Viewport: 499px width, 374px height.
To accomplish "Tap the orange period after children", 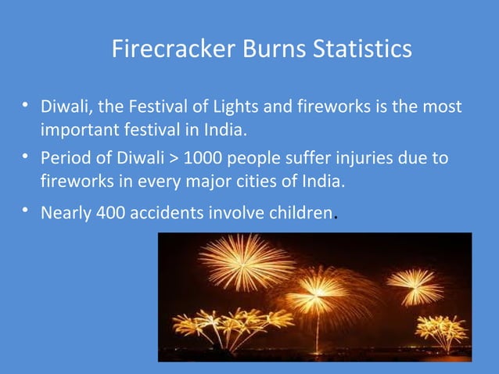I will pyautogui.click(x=336, y=217).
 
